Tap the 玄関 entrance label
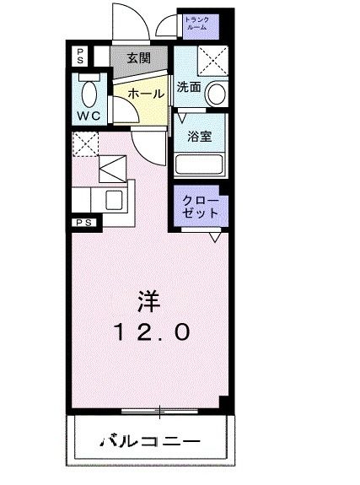tap(139, 59)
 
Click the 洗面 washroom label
tap(188, 86)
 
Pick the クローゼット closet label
tap(201, 207)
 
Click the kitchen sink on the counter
tap(112, 200)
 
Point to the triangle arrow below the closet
tap(215, 239)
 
